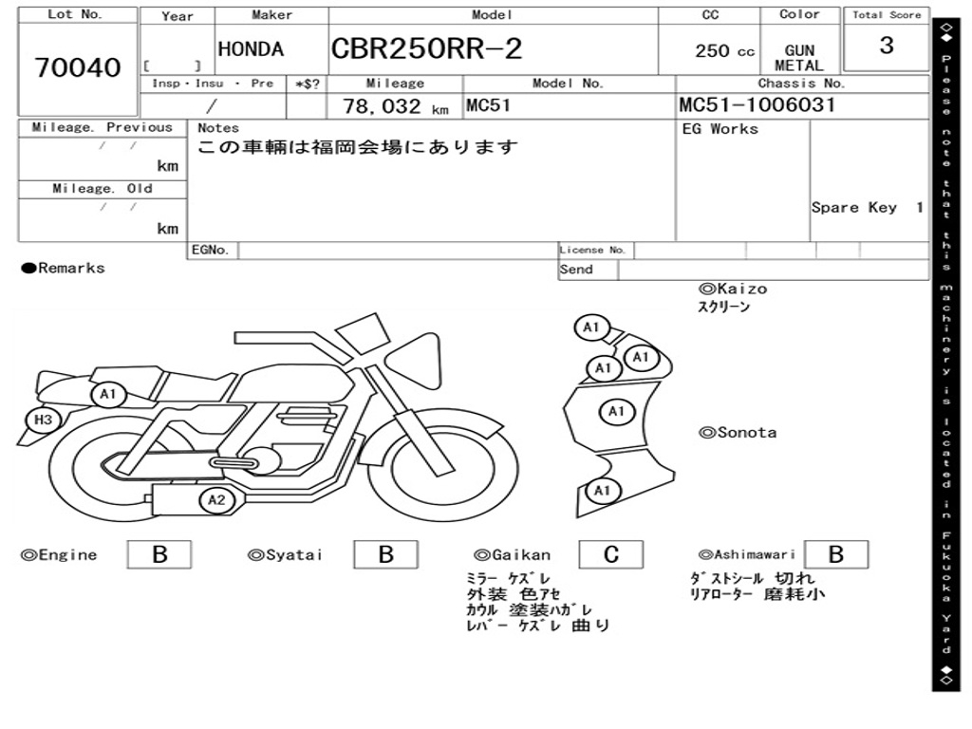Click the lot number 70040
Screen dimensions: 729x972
point(78,68)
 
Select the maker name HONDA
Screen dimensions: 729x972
point(251,49)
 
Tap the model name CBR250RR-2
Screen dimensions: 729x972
point(426,49)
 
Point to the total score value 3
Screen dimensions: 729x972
point(886,46)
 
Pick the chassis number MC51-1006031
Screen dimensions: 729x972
point(757,104)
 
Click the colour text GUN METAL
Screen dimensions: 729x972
point(798,58)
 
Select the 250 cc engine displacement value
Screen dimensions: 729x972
point(724,51)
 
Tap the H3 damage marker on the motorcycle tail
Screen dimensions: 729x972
point(43,420)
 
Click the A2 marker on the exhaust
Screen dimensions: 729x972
point(216,500)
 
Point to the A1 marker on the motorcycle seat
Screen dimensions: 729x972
point(107,394)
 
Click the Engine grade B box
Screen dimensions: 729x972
point(159,554)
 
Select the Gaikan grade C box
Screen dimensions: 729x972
point(611,554)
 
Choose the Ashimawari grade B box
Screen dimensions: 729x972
point(835,554)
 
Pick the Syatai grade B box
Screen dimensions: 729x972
point(385,554)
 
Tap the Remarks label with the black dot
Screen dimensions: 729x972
point(64,269)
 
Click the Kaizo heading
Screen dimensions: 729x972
point(733,289)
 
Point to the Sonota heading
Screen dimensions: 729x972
point(738,433)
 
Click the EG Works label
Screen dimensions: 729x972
point(720,129)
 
